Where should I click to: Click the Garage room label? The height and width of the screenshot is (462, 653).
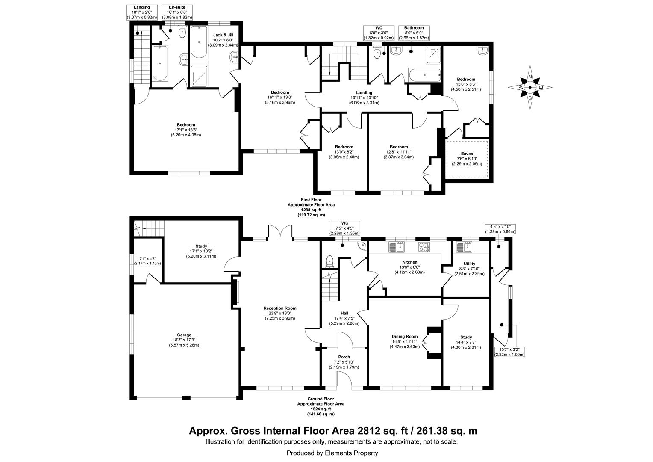(184, 335)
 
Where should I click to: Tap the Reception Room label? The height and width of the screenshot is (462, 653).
(280, 308)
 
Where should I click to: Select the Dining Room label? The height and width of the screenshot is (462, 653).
(405, 337)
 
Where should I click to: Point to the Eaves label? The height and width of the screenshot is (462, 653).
(467, 154)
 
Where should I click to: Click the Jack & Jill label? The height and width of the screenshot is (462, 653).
(223, 35)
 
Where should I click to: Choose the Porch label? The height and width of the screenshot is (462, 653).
(344, 357)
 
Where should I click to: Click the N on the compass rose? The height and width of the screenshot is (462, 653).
(530, 77)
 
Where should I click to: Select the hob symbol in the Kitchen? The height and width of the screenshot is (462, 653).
(424, 247)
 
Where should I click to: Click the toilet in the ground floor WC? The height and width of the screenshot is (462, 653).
(329, 261)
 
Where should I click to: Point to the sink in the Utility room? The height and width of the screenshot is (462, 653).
(465, 247)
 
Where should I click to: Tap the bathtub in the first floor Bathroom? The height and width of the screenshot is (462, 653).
(424, 75)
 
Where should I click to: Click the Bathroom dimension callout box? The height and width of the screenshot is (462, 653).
(414, 33)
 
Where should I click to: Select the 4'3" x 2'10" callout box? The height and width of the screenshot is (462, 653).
(500, 229)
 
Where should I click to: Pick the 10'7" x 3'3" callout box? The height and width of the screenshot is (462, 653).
(509, 352)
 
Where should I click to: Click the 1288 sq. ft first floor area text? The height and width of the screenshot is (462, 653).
(311, 210)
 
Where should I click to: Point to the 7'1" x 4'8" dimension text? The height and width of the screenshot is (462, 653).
(147, 258)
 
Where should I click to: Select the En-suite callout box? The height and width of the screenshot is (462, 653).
(177, 12)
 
